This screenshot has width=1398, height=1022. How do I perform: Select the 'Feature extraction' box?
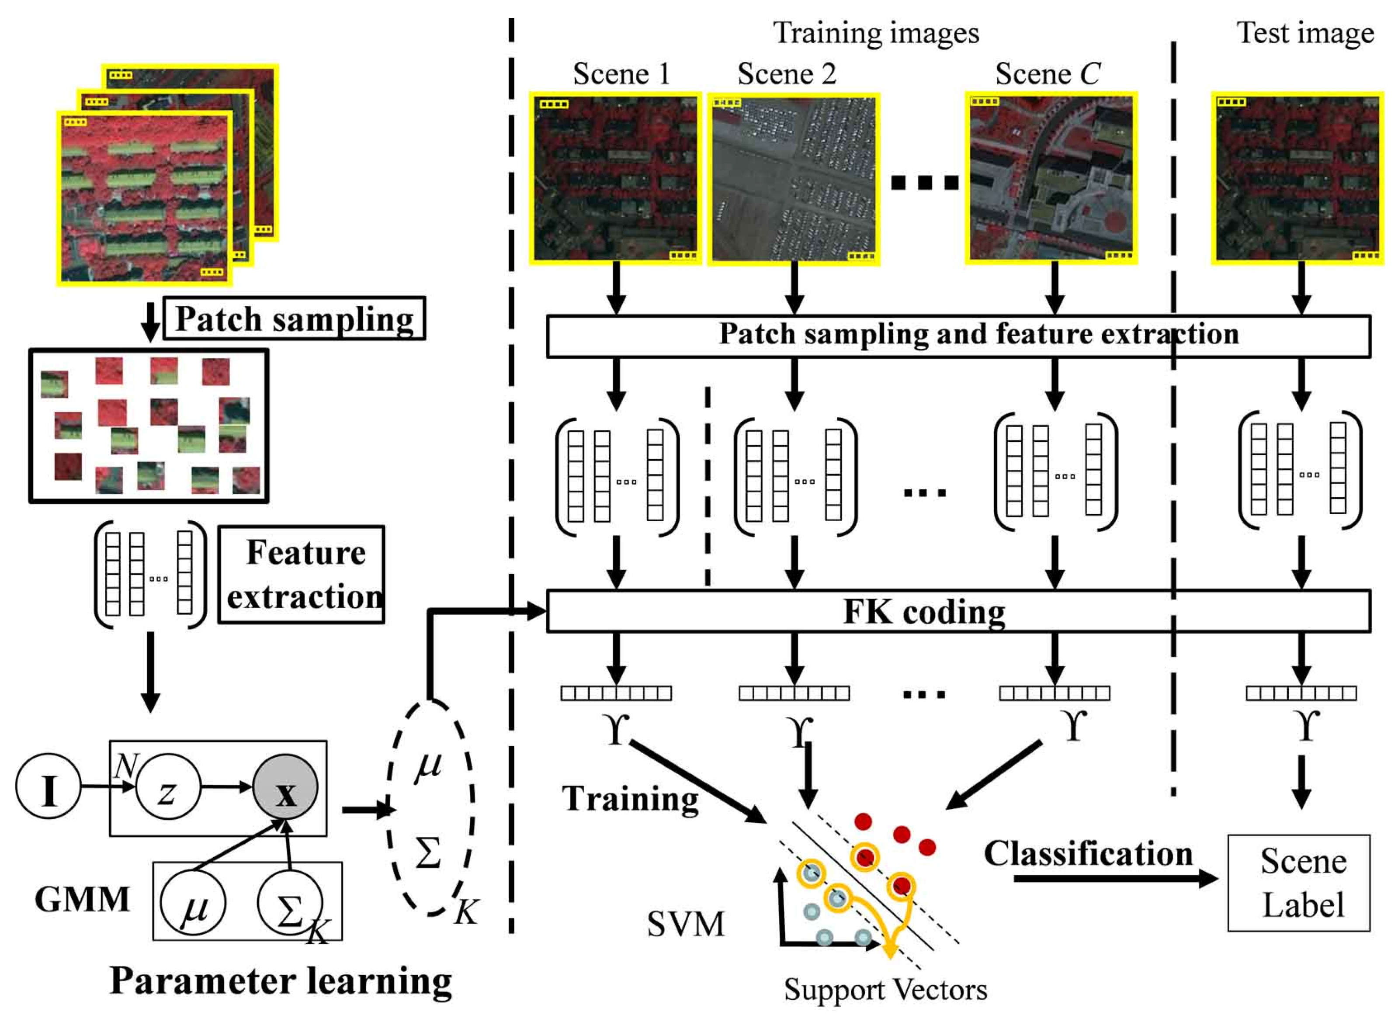301,574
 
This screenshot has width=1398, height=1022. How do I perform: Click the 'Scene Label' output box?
1298,883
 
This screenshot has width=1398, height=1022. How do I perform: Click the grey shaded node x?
285,787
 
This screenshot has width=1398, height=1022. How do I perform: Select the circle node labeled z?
168,787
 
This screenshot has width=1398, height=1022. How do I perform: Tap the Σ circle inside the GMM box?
289,903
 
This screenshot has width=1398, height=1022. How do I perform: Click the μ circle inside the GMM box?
193,903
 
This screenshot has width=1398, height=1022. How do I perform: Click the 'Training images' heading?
876,33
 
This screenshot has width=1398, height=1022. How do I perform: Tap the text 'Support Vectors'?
885,989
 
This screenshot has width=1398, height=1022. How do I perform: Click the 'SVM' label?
685,924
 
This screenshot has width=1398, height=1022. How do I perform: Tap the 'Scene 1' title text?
621,74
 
